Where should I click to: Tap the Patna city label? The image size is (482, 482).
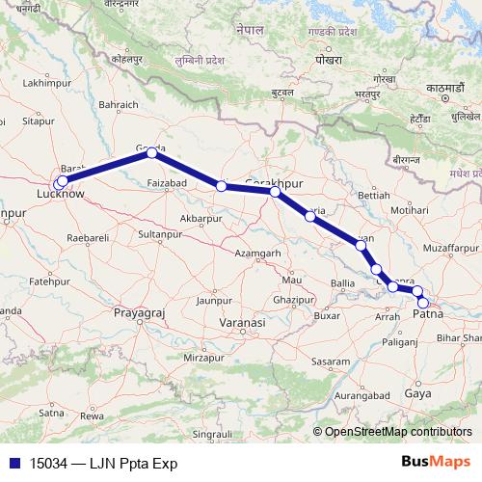pos(428,314)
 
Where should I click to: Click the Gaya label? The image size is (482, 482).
pos(418,394)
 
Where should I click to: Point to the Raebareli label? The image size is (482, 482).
pos(88,236)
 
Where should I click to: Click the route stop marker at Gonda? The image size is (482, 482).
pos(151,153)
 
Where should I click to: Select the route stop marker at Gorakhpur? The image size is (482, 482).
pos(275,192)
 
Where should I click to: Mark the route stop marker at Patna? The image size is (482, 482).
pos(422,303)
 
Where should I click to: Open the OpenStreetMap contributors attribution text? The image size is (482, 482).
pos(398,431)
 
